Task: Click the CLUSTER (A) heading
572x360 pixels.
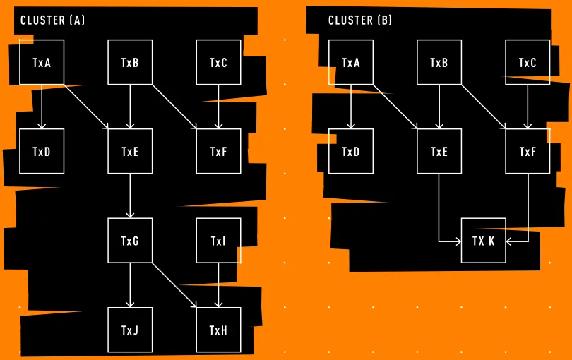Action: pyautogui.click(x=52, y=20)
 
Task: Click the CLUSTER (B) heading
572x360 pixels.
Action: pyautogui.click(x=360, y=20)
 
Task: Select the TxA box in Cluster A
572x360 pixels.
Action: pyautogui.click(x=42, y=62)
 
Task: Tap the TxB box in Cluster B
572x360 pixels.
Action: pyautogui.click(x=439, y=62)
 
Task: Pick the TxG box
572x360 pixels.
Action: pyautogui.click(x=130, y=241)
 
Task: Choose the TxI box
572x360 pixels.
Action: pyautogui.click(x=218, y=241)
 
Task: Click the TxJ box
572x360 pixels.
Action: pyautogui.click(x=130, y=330)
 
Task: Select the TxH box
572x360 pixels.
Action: pyautogui.click(x=218, y=330)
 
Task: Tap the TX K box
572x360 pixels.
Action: pyautogui.click(x=484, y=241)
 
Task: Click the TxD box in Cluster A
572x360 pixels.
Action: pyautogui.click(x=42, y=151)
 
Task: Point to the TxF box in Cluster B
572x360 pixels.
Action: pyautogui.click(x=528, y=151)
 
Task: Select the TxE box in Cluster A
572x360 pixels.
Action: pyautogui.click(x=130, y=151)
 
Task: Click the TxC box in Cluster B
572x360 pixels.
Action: pyautogui.click(x=528, y=62)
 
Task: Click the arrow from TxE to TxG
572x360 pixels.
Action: pyautogui.click(x=130, y=196)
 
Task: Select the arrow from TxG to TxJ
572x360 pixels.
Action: pyautogui.click(x=130, y=284)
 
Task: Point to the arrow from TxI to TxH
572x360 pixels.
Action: pyautogui.click(x=218, y=284)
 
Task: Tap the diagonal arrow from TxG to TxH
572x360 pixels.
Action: pyautogui.click(x=174, y=284)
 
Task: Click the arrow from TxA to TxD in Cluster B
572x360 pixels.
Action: pyautogui.click(x=351, y=107)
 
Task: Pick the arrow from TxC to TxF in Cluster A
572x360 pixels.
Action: pyautogui.click(x=218, y=107)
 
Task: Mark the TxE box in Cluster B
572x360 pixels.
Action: pyautogui.click(x=439, y=151)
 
